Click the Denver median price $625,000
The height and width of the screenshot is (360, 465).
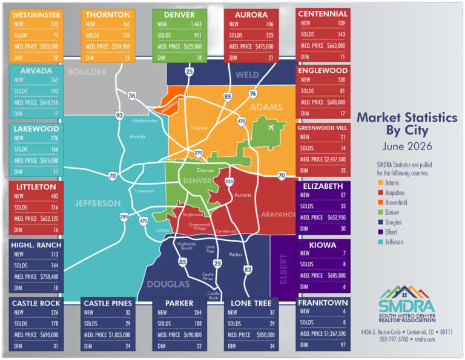pos(193,47)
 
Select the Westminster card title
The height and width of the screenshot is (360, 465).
pos(36,15)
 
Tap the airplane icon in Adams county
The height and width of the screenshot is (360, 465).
pos(270,128)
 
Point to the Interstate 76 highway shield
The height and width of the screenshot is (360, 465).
pos(252,94)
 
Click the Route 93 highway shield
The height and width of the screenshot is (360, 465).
pos(119,115)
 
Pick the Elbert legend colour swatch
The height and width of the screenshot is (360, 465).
pos(380,232)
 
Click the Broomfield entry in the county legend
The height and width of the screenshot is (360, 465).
pos(396,202)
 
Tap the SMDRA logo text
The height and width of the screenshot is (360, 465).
pos(407,306)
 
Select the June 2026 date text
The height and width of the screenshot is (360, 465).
pos(407,146)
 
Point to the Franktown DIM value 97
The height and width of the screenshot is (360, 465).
pos(343,345)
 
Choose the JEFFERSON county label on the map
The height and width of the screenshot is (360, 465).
pos(97,203)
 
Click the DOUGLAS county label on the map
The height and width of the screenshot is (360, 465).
pos(168,284)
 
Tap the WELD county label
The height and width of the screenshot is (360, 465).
pos(247,74)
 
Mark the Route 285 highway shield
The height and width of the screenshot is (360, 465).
pos(124,217)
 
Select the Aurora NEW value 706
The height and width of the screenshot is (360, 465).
pos(269,24)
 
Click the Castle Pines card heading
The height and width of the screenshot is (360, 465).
pos(108,303)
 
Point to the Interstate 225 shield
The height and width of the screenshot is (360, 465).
pos(229,182)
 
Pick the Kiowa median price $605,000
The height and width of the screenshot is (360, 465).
pos(337,275)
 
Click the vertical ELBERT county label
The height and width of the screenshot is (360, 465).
pos(283,269)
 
